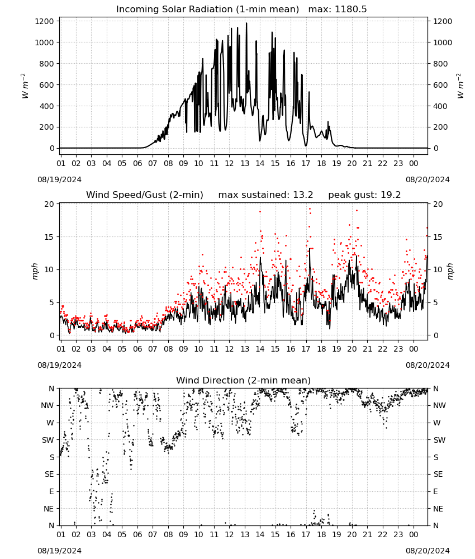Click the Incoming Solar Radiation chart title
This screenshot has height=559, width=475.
click(x=207, y=10)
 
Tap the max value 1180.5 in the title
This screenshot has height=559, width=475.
click(x=350, y=10)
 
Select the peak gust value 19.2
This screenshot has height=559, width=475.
click(x=388, y=195)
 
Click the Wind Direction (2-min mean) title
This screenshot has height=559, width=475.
click(x=244, y=380)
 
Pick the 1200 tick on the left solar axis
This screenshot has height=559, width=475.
click(x=45, y=21)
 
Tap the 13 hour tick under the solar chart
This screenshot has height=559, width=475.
click(x=245, y=163)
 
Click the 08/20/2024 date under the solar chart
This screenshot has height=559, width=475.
click(x=427, y=179)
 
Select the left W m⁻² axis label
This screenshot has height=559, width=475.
click(x=25, y=86)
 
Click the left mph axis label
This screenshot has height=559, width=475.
click(x=35, y=271)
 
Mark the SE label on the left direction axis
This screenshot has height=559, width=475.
click(x=49, y=474)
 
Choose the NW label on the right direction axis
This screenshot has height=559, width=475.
click(x=439, y=405)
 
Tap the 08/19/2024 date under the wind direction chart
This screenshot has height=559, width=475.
click(x=59, y=551)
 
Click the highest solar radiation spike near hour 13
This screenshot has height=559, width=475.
click(x=246, y=23)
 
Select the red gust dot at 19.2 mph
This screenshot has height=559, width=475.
click(x=310, y=209)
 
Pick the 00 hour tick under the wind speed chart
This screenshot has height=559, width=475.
click(x=414, y=349)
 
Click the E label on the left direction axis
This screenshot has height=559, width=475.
click(x=51, y=491)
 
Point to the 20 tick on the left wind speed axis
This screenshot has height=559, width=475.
click(x=49, y=204)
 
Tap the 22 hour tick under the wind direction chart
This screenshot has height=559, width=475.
click(x=383, y=534)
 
